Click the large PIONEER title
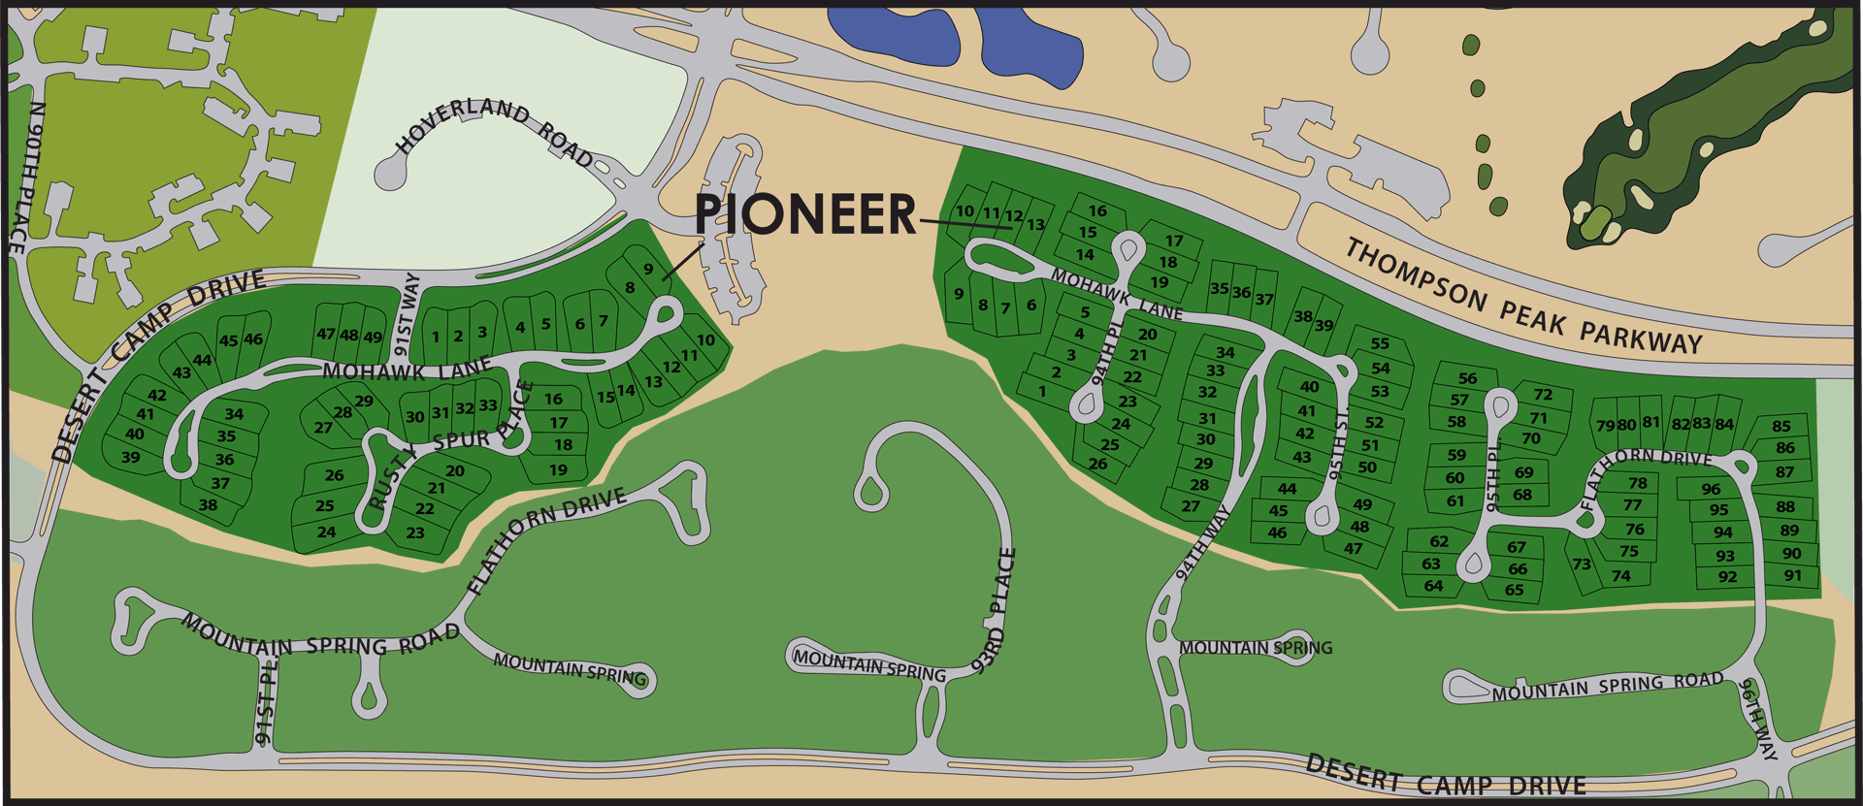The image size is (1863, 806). pos(804,214)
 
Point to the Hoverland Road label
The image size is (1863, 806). pos(495,131)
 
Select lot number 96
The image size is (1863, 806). pos(1711,489)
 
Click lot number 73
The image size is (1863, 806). pos(1582,564)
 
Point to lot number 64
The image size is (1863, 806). pos(1433,586)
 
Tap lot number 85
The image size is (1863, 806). pos(1781,426)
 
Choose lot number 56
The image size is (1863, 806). pos(1467,379)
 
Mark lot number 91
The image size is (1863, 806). pos(1792,575)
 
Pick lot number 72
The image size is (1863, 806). pos(1543,395)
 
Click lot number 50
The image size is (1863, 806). pos(1367,467)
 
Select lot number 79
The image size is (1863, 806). pos(1605,426)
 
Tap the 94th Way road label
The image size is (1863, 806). pos(1203,542)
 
